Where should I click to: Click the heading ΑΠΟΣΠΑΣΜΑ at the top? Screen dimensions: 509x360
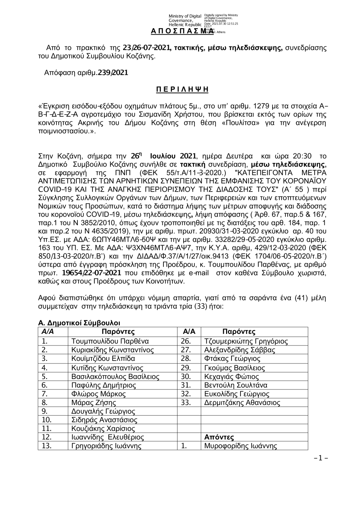click(x=178, y=32)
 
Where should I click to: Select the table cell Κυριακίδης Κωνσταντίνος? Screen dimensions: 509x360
click(x=113, y=350)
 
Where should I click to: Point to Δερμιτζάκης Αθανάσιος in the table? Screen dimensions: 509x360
click(x=242, y=402)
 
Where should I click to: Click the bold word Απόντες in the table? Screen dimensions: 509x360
click(x=219, y=437)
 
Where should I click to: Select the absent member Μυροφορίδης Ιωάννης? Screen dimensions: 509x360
click(x=240, y=446)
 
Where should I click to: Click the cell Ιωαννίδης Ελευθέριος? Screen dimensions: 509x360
click(x=108, y=437)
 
